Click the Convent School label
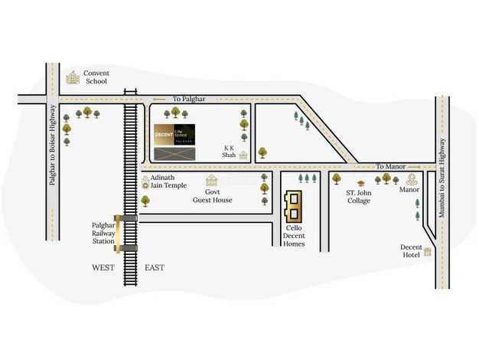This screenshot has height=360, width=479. click(96, 77)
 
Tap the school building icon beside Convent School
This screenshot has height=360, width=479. click(73, 77)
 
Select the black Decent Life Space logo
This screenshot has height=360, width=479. click(174, 135)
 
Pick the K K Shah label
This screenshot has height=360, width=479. click(229, 150)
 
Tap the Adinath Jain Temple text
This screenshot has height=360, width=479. click(168, 181)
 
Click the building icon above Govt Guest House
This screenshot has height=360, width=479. click(212, 181)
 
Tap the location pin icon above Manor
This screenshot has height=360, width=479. click(412, 179)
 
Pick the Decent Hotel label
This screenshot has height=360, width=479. click(412, 251)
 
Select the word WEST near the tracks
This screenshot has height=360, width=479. click(103, 267)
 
